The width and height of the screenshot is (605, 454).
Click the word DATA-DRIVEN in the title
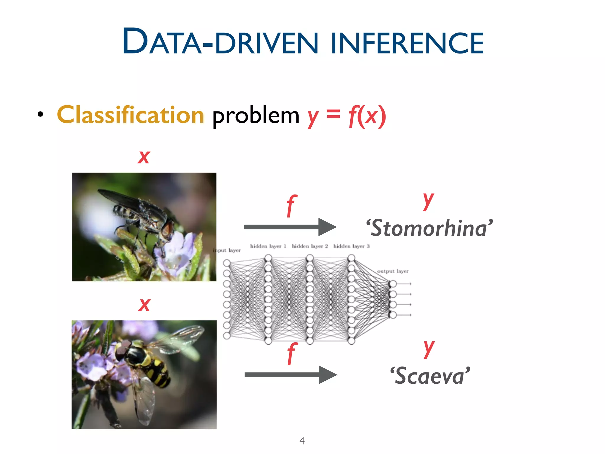pyautogui.click(x=220, y=41)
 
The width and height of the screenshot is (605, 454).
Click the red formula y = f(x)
pyautogui.click(x=347, y=116)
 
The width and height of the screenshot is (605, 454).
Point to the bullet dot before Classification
pyautogui.click(x=40, y=114)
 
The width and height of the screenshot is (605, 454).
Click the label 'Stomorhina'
pyautogui.click(x=429, y=228)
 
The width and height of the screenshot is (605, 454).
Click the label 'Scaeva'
pyautogui.click(x=430, y=376)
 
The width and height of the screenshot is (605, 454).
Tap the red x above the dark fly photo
pyautogui.click(x=144, y=156)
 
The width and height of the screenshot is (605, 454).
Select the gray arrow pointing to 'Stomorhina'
pyautogui.click(x=290, y=227)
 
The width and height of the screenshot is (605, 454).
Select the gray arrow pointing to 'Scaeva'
pyautogui.click(x=290, y=375)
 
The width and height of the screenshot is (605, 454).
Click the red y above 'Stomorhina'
pyautogui.click(x=428, y=200)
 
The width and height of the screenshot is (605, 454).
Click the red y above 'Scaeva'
pyautogui.click(x=429, y=348)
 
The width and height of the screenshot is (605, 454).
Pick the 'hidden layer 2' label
pyautogui.click(x=310, y=246)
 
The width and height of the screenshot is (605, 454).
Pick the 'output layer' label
pyautogui.click(x=393, y=271)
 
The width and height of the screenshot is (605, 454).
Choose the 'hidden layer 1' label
pyautogui.click(x=268, y=246)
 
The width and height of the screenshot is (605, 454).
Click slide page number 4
pyautogui.click(x=302, y=441)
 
